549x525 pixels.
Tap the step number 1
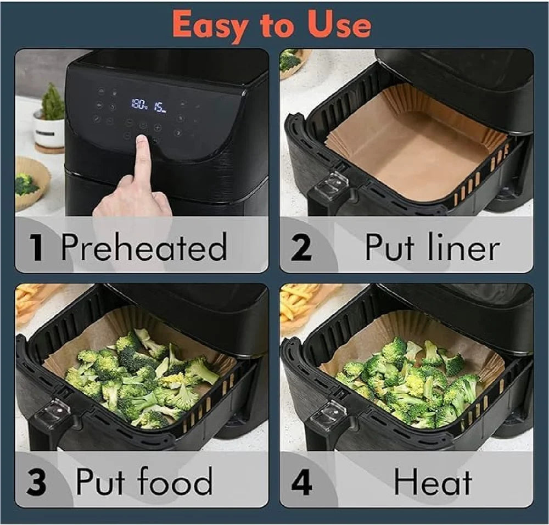click(x=36, y=247)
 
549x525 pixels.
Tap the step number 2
click(x=301, y=247)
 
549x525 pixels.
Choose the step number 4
click(x=301, y=482)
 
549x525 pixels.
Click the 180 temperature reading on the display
click(x=139, y=104)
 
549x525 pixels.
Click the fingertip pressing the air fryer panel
click(x=142, y=141)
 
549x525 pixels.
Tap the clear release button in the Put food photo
click(x=52, y=415)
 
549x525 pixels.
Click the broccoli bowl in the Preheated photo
click(x=31, y=183)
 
